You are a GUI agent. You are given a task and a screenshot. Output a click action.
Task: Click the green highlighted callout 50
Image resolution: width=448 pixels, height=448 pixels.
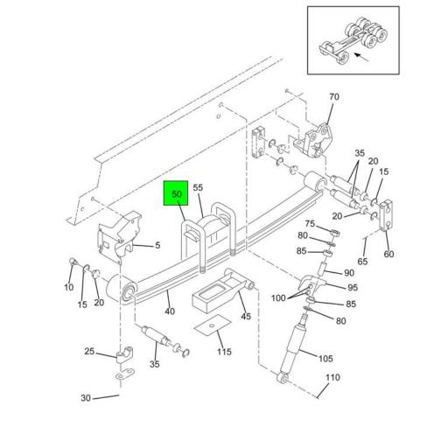click(x=176, y=194)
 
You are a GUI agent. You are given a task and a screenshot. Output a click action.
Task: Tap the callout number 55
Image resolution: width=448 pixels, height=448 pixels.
click(x=198, y=187)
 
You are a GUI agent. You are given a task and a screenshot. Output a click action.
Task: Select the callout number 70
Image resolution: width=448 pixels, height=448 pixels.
click(x=333, y=96)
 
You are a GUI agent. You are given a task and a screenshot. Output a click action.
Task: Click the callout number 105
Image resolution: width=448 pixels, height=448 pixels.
click(x=325, y=358)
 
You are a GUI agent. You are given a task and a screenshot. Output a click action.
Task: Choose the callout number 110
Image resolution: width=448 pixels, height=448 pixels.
click(x=332, y=378)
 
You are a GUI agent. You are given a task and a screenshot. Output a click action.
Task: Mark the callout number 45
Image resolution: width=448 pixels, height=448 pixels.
click(x=245, y=317)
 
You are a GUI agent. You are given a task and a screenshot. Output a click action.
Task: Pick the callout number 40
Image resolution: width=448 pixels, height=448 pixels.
click(x=169, y=311)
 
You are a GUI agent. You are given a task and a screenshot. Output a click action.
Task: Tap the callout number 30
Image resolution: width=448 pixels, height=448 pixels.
click(x=87, y=399)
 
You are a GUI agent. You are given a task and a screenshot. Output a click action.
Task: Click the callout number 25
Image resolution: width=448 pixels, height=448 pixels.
click(x=88, y=352)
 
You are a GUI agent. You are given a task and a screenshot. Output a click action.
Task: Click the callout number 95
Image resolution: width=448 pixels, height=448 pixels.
click(x=352, y=288)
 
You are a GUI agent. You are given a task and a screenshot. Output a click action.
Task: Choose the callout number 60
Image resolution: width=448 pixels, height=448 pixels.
click(x=388, y=255)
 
